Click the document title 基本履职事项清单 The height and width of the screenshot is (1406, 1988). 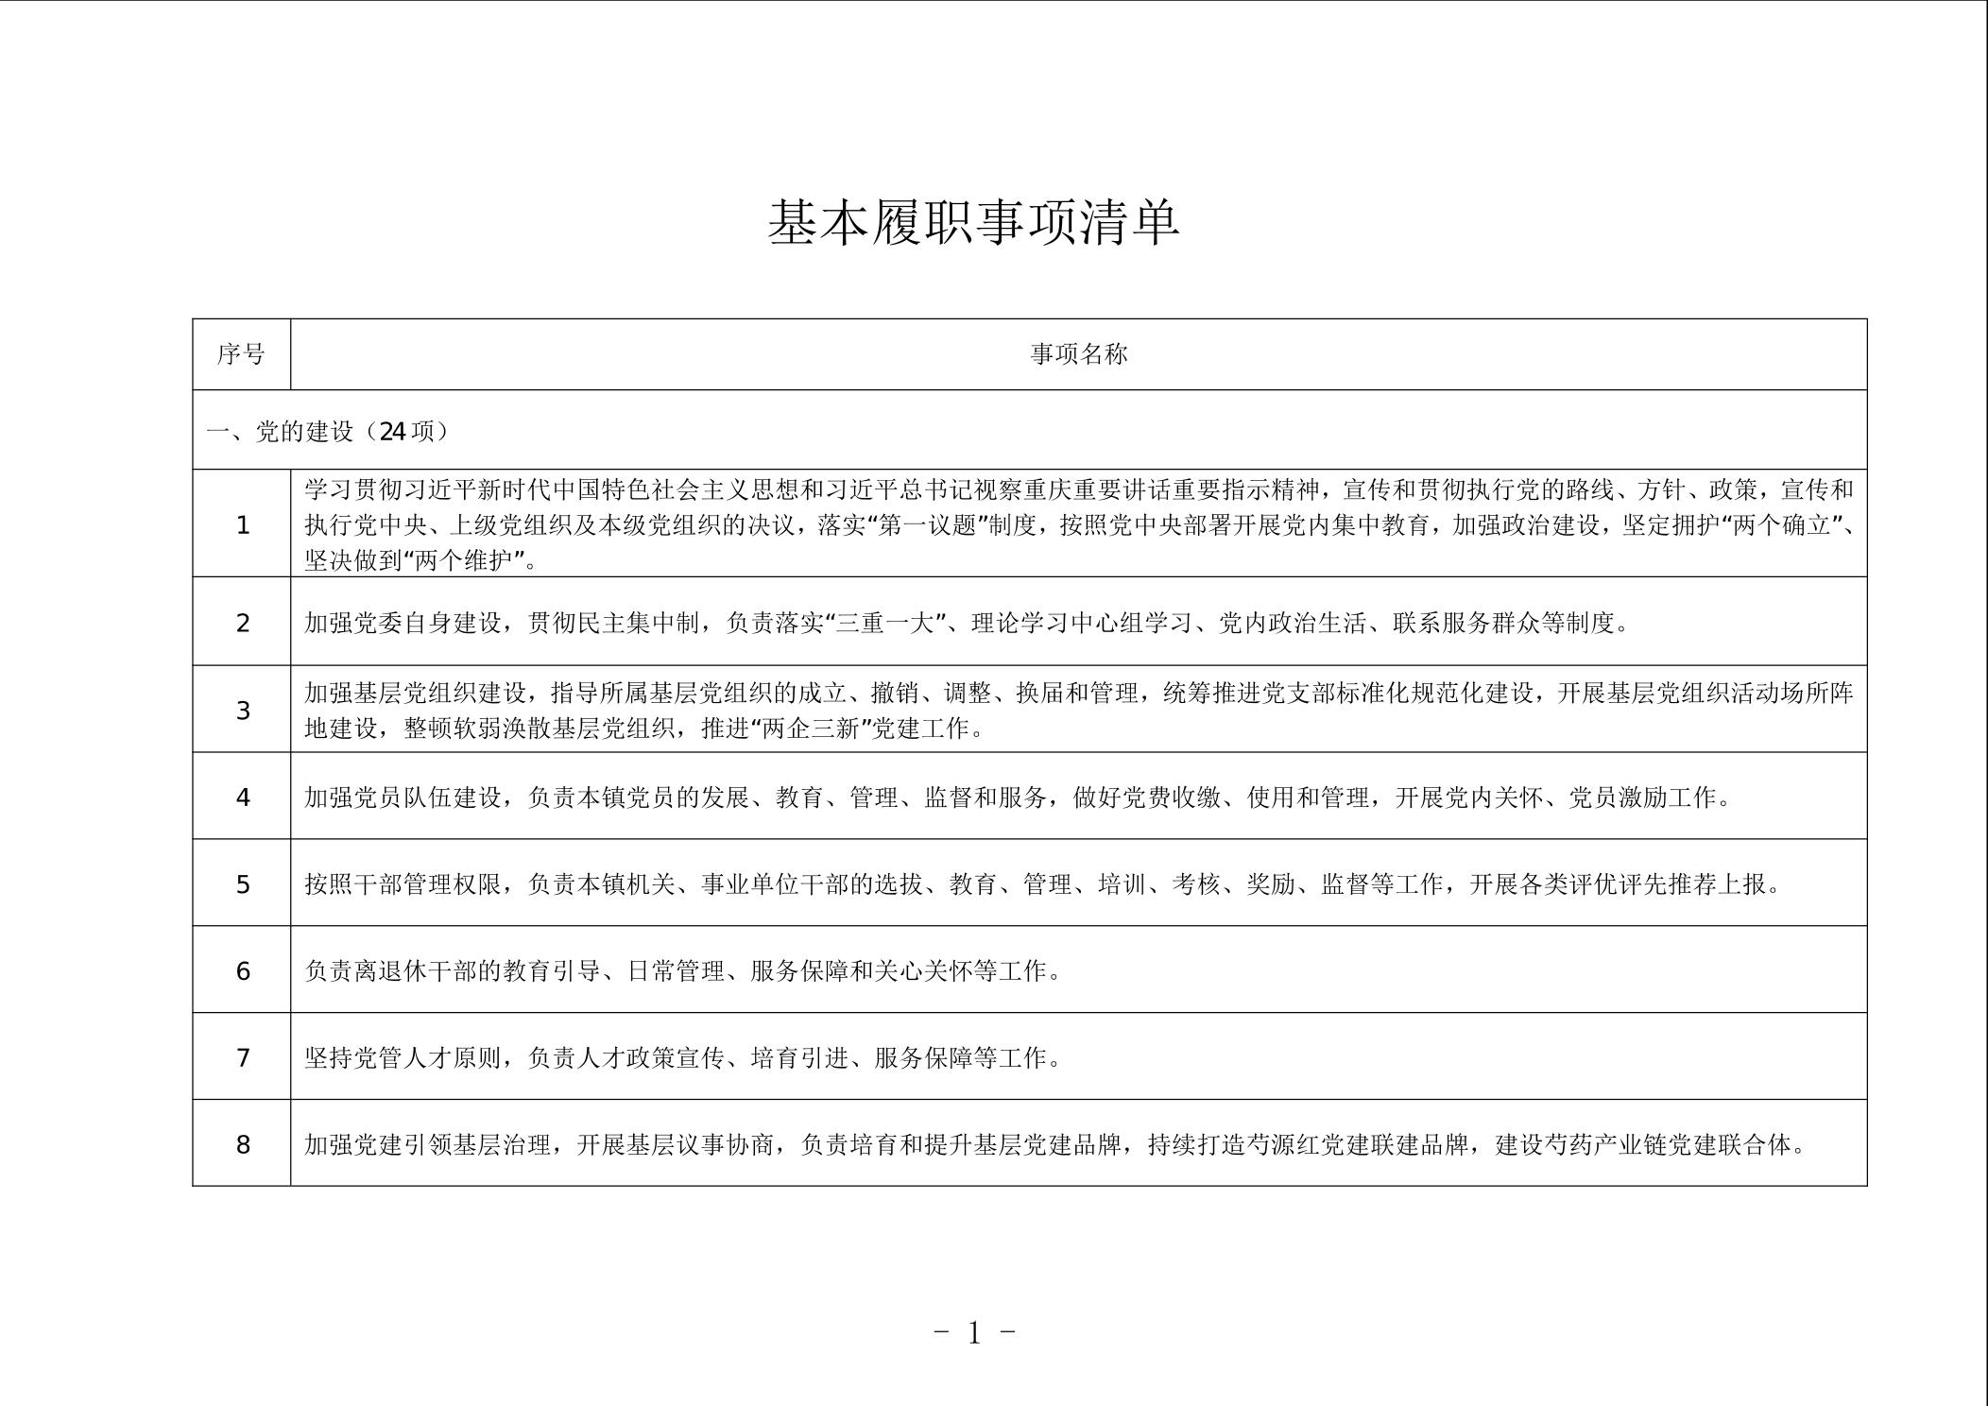pyautogui.click(x=973, y=223)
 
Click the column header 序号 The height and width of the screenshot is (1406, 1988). pyautogui.click(x=241, y=354)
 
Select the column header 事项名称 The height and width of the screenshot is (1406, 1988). pyautogui.click(x=1078, y=354)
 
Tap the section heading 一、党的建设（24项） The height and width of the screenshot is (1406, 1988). pyautogui.click(x=327, y=432)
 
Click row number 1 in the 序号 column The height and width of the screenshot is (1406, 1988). pyautogui.click(x=243, y=525)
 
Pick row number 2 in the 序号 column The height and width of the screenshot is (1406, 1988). pyautogui.click(x=243, y=624)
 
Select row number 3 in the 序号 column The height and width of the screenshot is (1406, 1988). pyautogui.click(x=243, y=711)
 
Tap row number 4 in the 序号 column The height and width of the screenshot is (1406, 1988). pyautogui.click(x=243, y=797)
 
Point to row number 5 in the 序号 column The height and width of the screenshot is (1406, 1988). pyautogui.click(x=243, y=884)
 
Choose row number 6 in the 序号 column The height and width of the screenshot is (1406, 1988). pyautogui.click(x=243, y=971)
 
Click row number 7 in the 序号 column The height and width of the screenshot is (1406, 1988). pyautogui.click(x=243, y=1058)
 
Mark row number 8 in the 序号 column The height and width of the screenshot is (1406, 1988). pyautogui.click(x=243, y=1145)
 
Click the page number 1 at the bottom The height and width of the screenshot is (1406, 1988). pyautogui.click(x=974, y=1333)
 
